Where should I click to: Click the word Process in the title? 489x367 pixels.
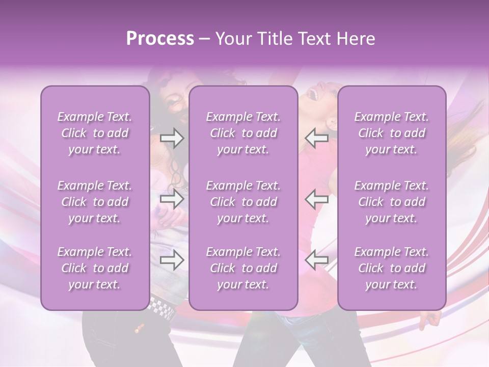(160, 39)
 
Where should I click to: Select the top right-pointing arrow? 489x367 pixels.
(172, 138)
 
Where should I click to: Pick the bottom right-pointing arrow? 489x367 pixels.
(172, 260)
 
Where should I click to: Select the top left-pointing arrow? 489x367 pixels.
(317, 138)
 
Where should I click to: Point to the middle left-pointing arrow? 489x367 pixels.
(317, 199)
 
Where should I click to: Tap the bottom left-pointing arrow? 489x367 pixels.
(317, 260)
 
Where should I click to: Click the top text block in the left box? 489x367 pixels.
(95, 133)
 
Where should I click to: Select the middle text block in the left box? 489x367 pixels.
(95, 202)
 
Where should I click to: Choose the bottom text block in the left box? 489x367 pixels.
(95, 268)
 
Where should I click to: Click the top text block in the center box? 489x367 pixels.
(243, 133)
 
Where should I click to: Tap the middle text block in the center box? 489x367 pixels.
(243, 202)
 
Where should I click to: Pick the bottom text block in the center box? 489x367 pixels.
(243, 268)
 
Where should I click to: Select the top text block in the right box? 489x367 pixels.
(392, 133)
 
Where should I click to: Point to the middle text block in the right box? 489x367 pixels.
(392, 202)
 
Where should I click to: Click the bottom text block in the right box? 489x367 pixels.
(392, 268)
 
